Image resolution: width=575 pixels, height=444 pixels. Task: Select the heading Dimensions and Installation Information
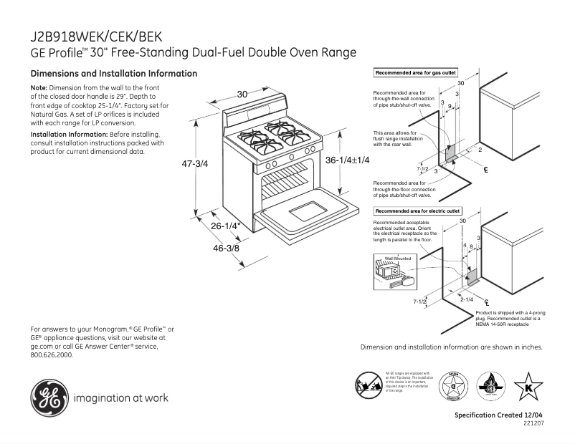tap(113, 74)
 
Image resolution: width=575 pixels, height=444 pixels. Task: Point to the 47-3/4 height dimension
tap(194, 164)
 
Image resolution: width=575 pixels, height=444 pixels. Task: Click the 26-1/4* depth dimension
tap(225, 226)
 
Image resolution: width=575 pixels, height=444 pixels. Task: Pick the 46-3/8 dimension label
tap(226, 248)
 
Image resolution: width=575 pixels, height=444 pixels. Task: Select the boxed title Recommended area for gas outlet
tap(415, 73)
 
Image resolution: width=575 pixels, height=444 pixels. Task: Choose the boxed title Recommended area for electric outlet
tap(418, 211)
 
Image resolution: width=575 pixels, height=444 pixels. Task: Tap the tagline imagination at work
tap(120, 398)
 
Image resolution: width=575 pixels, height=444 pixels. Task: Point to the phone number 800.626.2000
tap(52, 354)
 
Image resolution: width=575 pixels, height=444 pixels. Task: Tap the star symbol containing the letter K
tap(528, 387)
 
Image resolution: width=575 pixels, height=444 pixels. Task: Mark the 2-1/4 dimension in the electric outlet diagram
tap(467, 299)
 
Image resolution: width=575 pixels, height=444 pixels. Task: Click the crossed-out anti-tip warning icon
tap(369, 386)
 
